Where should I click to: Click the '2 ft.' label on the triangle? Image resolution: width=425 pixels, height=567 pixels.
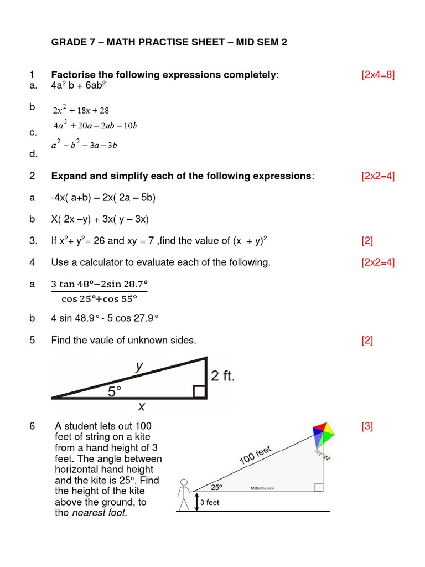(223, 377)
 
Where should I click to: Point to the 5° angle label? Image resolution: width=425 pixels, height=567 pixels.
(115, 391)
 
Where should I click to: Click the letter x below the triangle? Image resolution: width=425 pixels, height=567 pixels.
(141, 407)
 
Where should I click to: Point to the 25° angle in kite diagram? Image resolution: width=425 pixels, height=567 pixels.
(216, 487)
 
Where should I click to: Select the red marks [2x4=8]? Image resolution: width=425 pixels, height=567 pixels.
(378, 75)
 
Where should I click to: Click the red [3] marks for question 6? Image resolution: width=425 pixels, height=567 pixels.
(367, 426)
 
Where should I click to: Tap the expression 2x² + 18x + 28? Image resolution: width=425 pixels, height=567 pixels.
(81, 110)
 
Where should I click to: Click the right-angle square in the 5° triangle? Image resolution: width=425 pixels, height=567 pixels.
(200, 392)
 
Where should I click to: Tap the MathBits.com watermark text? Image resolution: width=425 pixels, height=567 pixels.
(263, 488)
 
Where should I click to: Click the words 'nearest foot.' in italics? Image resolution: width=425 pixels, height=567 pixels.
(100, 513)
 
